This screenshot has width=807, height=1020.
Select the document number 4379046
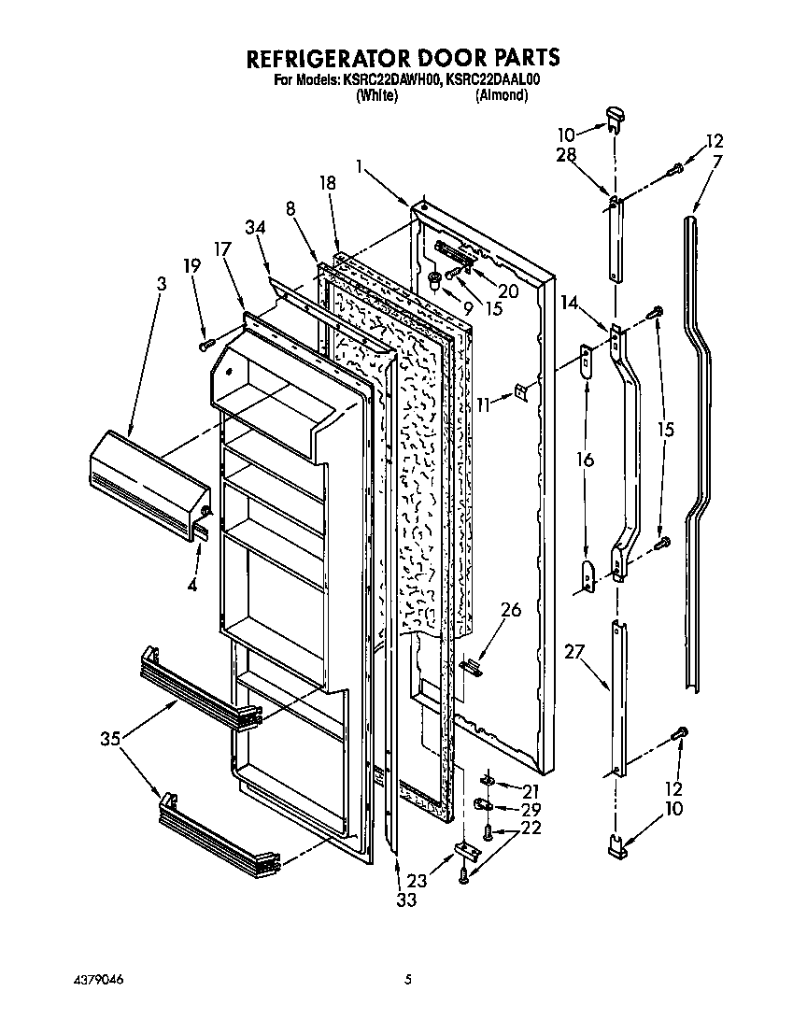[97, 980]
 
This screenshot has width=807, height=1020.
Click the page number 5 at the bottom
[408, 980]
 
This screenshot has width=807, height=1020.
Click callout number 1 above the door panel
[360, 165]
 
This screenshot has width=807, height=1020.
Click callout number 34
[255, 227]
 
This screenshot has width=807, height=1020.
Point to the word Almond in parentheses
[502, 95]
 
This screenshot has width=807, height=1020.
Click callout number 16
[585, 460]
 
